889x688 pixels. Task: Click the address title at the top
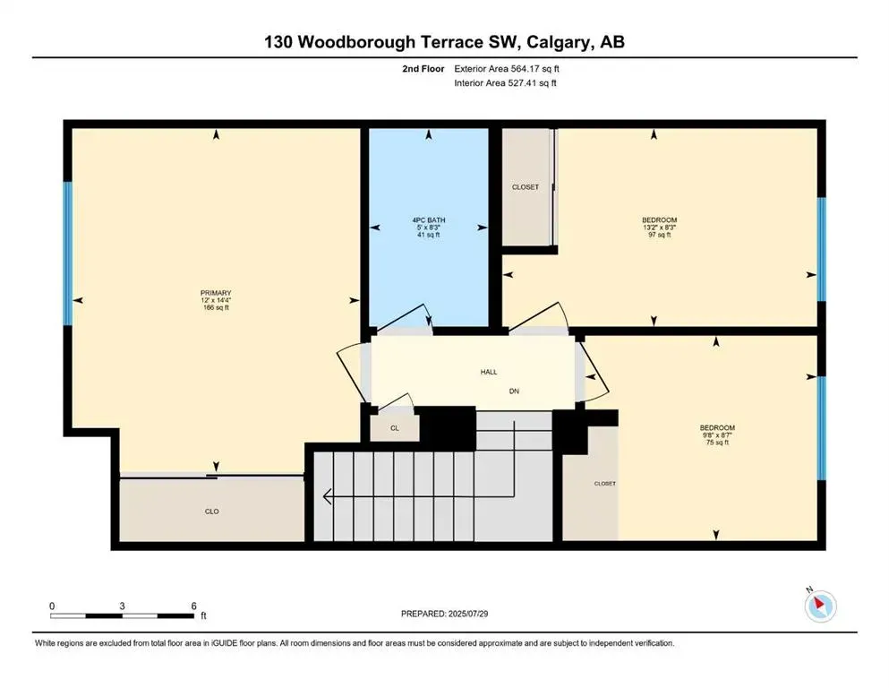(x=444, y=43)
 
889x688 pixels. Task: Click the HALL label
(x=488, y=372)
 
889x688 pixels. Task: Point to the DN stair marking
(x=514, y=391)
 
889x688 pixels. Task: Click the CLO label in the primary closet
(x=211, y=512)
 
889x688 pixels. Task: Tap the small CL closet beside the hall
(x=394, y=428)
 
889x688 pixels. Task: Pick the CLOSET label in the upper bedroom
(x=526, y=187)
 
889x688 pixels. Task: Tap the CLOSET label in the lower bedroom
(x=605, y=484)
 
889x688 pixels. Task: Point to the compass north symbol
(x=819, y=606)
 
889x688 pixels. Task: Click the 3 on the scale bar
(x=122, y=606)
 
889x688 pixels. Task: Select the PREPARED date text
(x=446, y=614)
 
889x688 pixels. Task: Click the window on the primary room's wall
(x=66, y=254)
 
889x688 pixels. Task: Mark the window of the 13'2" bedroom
(x=822, y=249)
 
